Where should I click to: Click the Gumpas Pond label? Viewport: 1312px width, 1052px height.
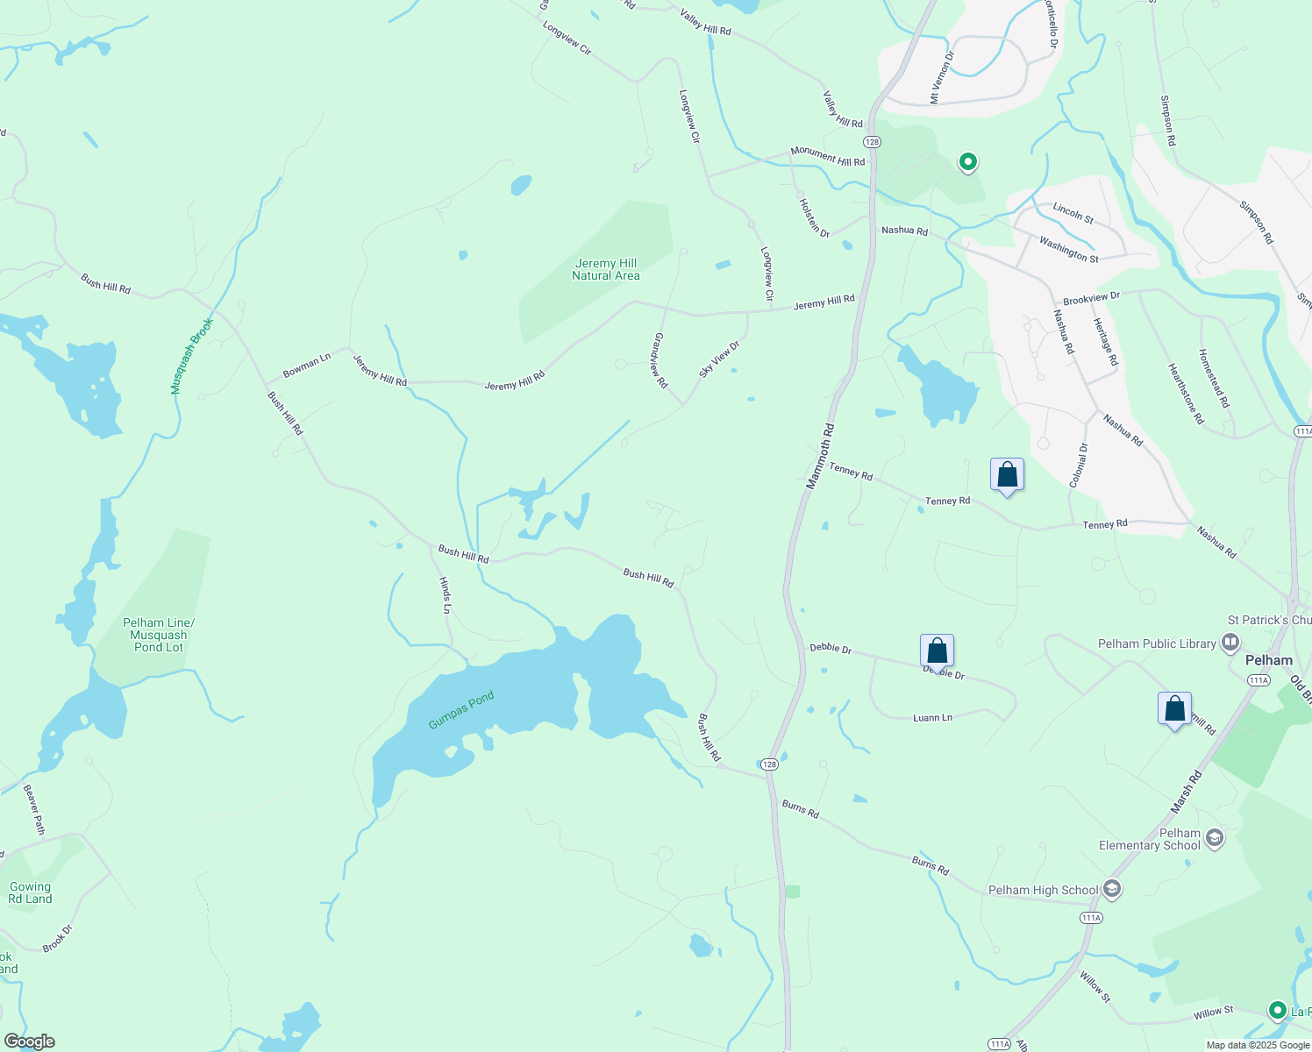(461, 710)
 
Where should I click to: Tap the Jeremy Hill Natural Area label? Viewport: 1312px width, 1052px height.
(606, 269)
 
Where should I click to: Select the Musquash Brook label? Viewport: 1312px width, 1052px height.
(191, 356)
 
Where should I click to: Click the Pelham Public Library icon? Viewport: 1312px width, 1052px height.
(1230, 643)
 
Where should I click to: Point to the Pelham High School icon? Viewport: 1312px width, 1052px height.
(1112, 890)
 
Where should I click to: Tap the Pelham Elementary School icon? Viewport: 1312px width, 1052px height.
(1215, 838)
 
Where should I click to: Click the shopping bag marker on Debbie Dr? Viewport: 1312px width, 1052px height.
(937, 651)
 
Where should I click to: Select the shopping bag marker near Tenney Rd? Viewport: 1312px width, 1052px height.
(1007, 475)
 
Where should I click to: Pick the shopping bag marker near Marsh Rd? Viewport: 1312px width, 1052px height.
(1174, 708)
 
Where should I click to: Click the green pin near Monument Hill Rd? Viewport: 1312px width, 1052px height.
(967, 162)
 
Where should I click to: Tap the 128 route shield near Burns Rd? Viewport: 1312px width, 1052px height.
(769, 764)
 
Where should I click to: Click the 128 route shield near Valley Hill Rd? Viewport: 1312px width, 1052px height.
(871, 141)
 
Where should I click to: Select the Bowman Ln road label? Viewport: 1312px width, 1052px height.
(307, 365)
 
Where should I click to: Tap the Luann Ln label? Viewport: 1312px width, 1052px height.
(932, 717)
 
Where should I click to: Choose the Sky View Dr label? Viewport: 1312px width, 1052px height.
(719, 359)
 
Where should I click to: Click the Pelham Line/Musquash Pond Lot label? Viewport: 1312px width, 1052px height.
(159, 635)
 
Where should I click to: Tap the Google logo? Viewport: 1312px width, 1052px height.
(29, 1041)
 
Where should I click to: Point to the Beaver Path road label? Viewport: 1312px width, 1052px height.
(33, 809)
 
